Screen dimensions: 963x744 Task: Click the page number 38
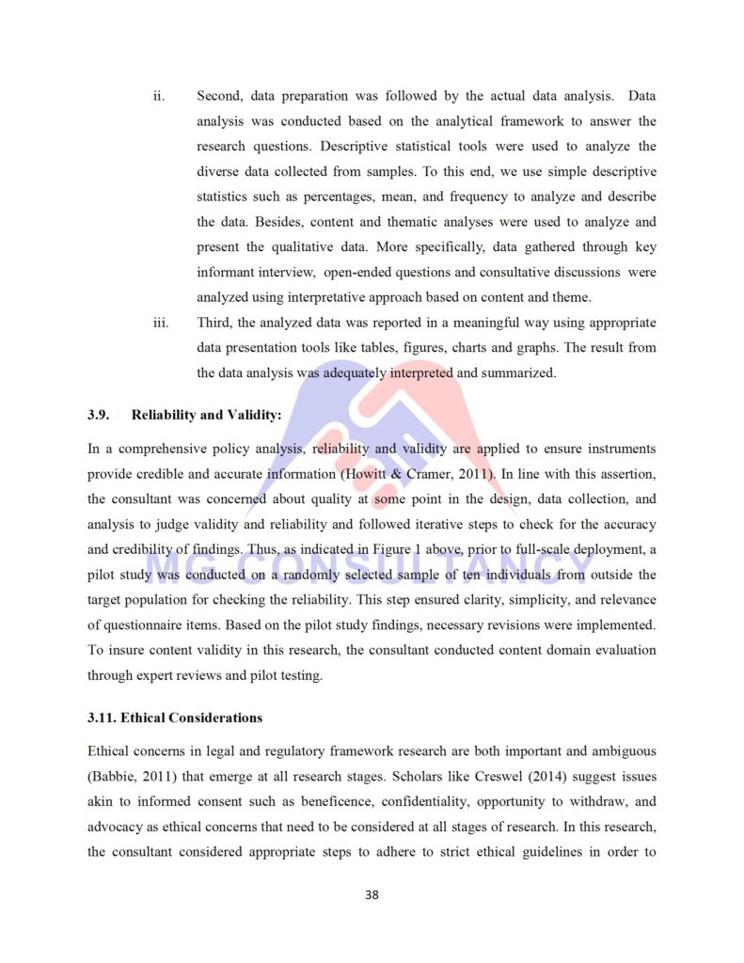point(372,894)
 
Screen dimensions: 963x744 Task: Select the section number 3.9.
point(99,415)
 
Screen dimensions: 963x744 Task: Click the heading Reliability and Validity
point(206,415)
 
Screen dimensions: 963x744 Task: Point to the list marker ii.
point(159,96)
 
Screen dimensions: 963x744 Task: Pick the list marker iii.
point(161,323)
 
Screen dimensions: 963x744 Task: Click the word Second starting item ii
point(219,96)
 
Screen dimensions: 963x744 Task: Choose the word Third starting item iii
point(215,323)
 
